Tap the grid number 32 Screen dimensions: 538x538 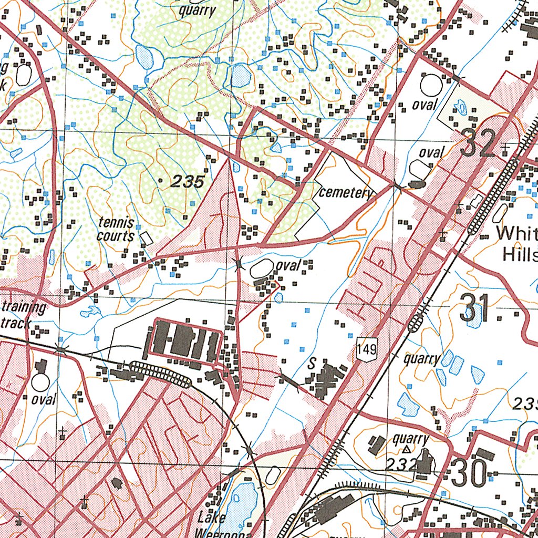pyautogui.click(x=478, y=143)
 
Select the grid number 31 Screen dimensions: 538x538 pyautogui.click(x=474, y=308)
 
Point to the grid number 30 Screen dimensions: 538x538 pyautogui.click(x=468, y=474)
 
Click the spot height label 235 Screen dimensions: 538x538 pyautogui.click(x=187, y=182)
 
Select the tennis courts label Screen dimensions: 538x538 pyautogui.click(x=116, y=230)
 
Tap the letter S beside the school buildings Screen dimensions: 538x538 pyautogui.click(x=312, y=364)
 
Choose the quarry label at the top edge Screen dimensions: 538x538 pyautogui.click(x=197, y=11)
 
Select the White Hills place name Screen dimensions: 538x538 pyautogui.click(x=517, y=243)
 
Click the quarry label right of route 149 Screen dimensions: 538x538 pyautogui.click(x=422, y=359)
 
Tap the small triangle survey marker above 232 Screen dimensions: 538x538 pyautogui.click(x=406, y=450)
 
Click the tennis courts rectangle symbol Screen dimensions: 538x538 pyautogui.click(x=147, y=239)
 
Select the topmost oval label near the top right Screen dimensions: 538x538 pyautogui.click(x=425, y=105)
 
